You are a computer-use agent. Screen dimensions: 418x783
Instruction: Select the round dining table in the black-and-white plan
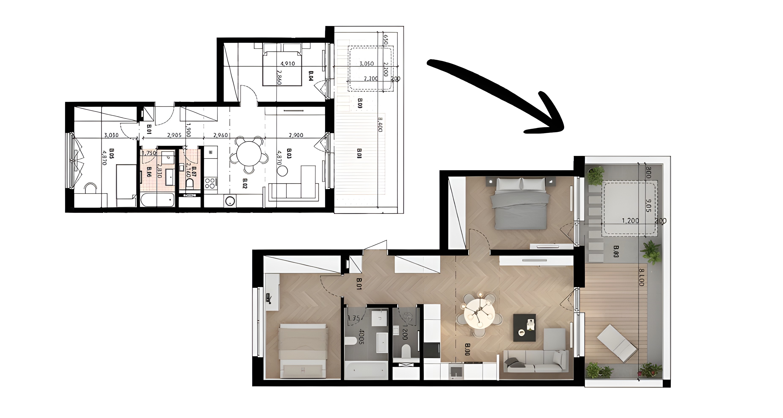pyautogui.click(x=249, y=154)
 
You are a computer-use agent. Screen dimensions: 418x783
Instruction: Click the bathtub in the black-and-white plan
pyautogui.click(x=157, y=200)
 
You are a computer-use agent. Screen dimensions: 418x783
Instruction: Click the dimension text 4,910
pyautogui.click(x=287, y=64)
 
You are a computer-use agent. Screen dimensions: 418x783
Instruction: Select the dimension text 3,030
pyautogui.click(x=111, y=135)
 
